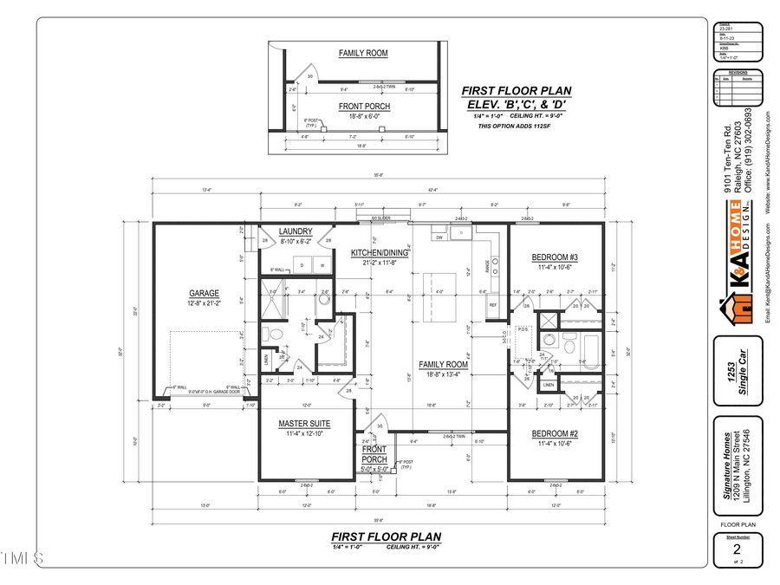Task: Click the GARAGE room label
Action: [x=205, y=293]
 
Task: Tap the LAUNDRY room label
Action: [x=296, y=231]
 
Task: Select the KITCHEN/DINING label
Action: [x=373, y=253]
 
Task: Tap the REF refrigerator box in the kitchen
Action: [x=493, y=305]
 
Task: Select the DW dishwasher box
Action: [x=440, y=237]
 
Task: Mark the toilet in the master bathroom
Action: [x=276, y=335]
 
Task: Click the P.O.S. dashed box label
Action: [x=523, y=329]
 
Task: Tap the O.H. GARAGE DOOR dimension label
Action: [x=203, y=393]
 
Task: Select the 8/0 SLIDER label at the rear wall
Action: [x=380, y=218]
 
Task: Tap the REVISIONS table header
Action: [x=737, y=73]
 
